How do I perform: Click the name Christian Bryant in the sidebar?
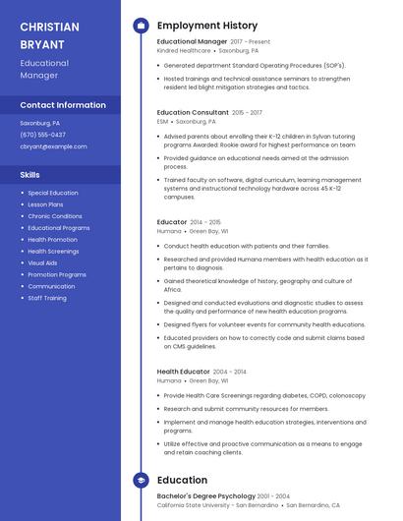point(50,35)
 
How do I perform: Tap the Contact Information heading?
point(63,105)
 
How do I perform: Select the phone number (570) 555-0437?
point(43,135)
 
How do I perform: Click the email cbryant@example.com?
point(53,146)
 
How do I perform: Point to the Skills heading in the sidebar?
point(29,175)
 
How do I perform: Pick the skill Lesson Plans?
point(45,204)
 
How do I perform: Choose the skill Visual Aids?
point(42,263)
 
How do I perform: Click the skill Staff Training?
point(47,298)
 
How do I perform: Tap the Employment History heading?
point(207,26)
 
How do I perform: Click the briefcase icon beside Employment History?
point(141,26)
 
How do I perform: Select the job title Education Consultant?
point(193,113)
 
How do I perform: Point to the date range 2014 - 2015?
point(205,222)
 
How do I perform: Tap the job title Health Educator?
point(184,372)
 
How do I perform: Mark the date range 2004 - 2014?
point(230,372)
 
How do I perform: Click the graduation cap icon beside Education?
point(141,480)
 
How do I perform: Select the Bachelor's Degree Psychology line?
point(205,496)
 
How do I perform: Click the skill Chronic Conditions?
point(55,216)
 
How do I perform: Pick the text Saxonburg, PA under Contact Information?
point(40,123)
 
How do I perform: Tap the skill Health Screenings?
point(53,252)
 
